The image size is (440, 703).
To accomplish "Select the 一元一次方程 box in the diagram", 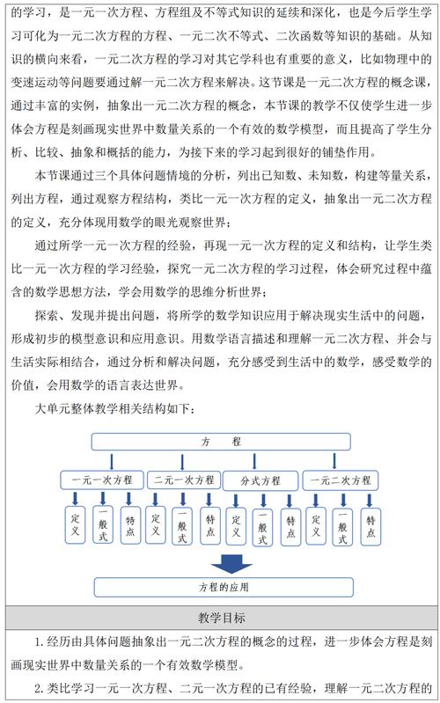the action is coord(97,480).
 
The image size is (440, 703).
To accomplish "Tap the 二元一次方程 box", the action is coord(183,480).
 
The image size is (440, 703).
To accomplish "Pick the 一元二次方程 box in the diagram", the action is coord(338,480).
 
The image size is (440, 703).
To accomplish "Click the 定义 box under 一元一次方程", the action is coord(75,526).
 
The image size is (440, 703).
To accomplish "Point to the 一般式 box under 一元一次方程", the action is coord(102,528).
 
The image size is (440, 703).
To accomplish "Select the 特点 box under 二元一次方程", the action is coord(209,526).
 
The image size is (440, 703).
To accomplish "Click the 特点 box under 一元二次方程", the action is coord(371,526).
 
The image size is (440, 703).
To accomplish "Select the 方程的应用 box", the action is coord(220,587).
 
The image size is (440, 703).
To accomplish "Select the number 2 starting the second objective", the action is coord(38,688).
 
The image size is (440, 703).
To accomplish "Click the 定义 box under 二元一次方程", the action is coord(156,526).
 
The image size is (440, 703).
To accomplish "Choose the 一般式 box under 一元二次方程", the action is coord(344,528).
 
